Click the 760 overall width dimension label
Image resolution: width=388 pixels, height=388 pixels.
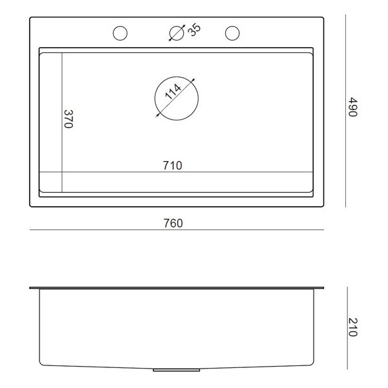click(x=173, y=223)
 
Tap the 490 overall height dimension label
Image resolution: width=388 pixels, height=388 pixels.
click(x=352, y=107)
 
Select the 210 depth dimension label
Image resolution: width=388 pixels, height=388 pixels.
click(x=352, y=327)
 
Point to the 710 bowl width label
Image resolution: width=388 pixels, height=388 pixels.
click(x=173, y=166)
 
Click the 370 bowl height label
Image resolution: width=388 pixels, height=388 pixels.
click(x=69, y=119)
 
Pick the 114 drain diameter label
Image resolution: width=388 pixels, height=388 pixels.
click(x=173, y=92)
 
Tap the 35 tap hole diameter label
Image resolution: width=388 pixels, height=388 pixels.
click(x=194, y=30)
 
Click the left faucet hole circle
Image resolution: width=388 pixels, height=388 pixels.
click(x=120, y=26)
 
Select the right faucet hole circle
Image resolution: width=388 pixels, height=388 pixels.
click(x=232, y=26)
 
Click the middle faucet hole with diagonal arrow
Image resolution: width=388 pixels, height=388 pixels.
click(x=177, y=26)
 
